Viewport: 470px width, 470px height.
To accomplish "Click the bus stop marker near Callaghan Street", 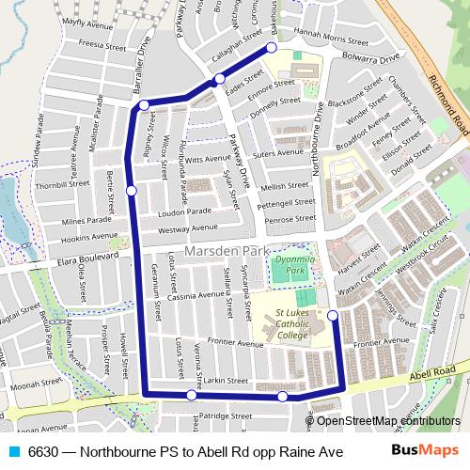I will coord(272,47).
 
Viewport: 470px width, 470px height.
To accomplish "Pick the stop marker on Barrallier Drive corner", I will coord(144,105).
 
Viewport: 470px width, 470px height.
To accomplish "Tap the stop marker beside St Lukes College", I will coord(333,315).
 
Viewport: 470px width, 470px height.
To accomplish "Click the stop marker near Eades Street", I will coord(219,79).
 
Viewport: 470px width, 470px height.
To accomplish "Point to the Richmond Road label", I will coord(446,104).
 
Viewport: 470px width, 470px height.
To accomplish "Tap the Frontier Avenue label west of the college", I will coord(234,343).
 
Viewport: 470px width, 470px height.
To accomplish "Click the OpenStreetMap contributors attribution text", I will coord(388,420).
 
